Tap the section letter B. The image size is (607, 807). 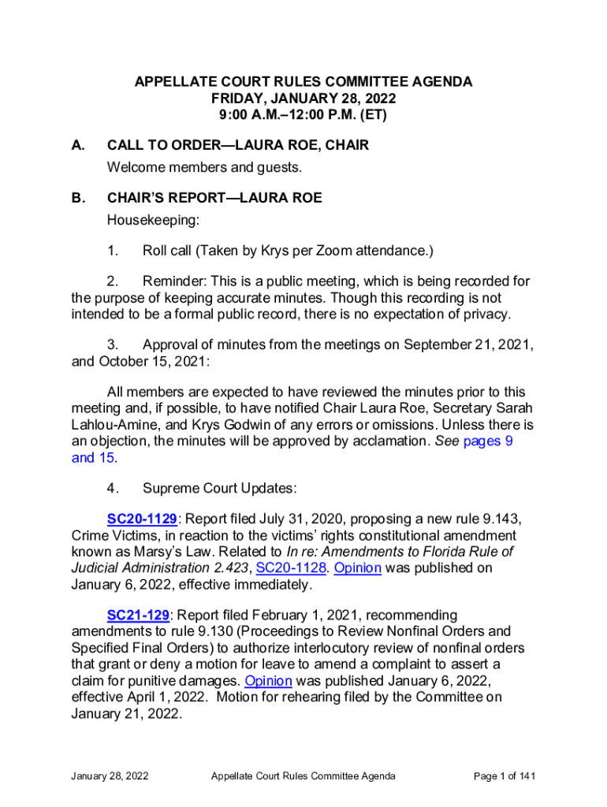(78, 198)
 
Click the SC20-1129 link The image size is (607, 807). (142, 519)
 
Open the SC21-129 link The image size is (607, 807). (138, 614)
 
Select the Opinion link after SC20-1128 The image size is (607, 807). (358, 567)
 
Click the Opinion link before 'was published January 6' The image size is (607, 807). (269, 680)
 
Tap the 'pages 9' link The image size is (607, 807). (488, 441)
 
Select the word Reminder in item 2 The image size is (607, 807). (178, 281)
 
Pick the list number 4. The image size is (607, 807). (113, 489)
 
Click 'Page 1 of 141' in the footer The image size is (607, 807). (505, 776)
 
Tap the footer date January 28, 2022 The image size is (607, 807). (110, 776)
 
